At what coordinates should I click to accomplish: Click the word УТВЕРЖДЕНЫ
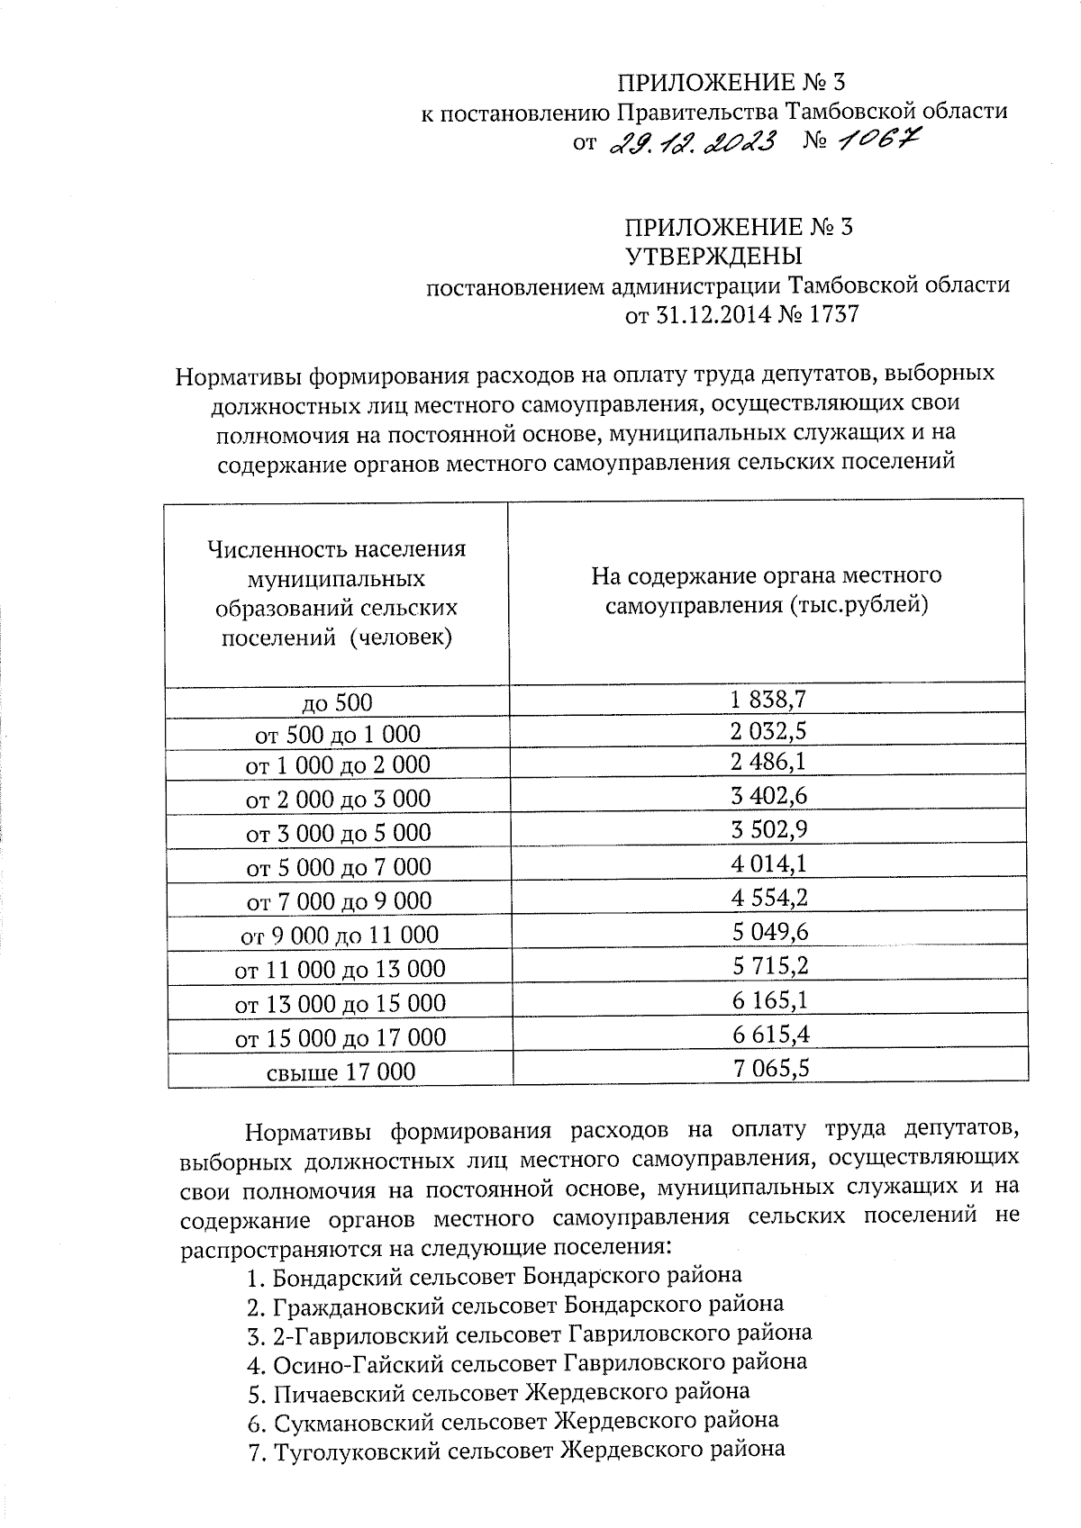[713, 256]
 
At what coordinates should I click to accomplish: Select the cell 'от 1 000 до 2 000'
[338, 765]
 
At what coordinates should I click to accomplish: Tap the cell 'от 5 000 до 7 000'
[339, 867]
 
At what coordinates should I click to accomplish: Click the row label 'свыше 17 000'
[341, 1071]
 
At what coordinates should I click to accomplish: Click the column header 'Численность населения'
[337, 548]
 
